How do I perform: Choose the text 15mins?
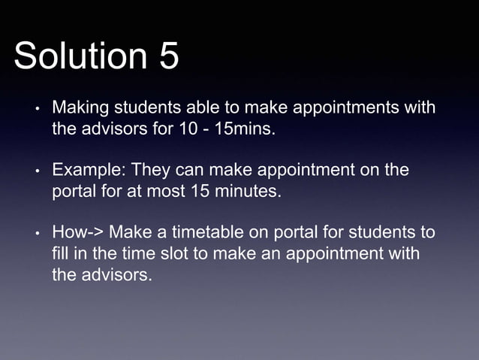pos(245,129)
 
